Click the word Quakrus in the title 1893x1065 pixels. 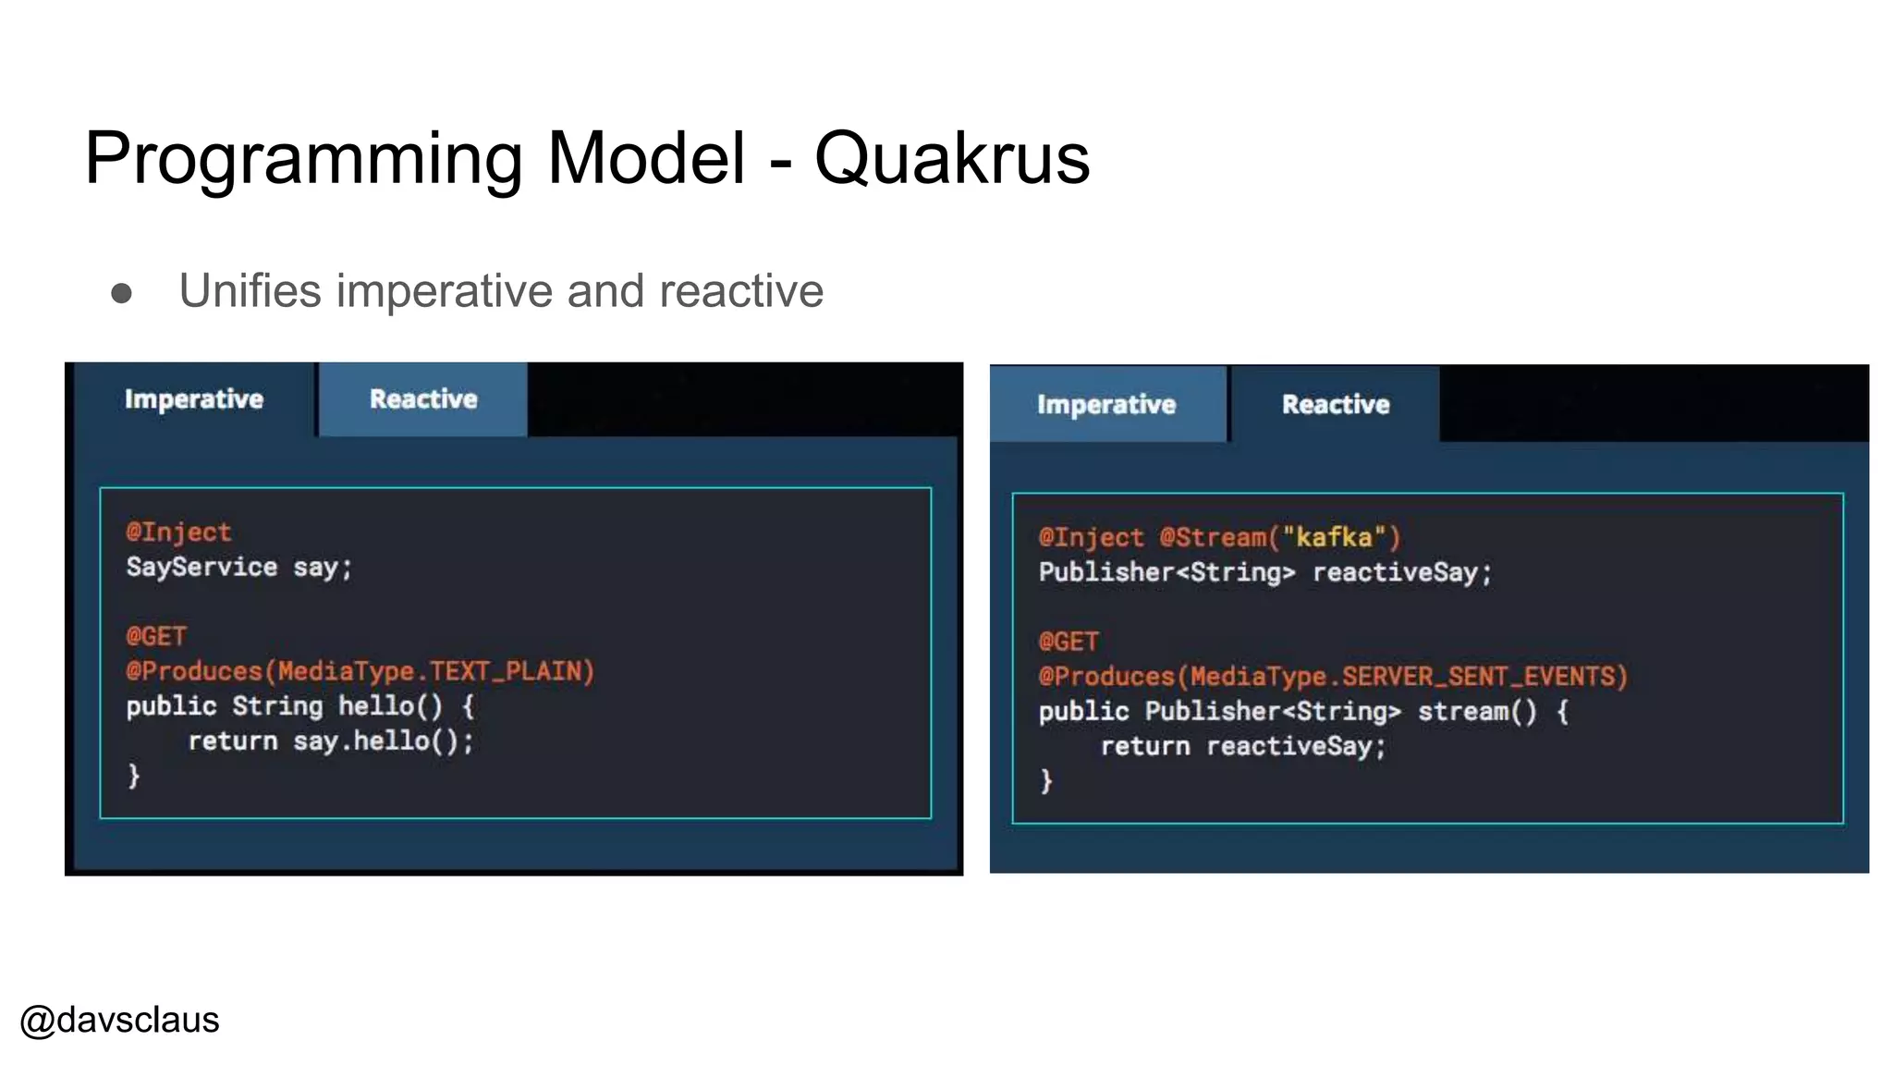tap(952, 158)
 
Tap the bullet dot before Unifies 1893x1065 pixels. tap(121, 293)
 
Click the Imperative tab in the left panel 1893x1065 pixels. tap(194, 399)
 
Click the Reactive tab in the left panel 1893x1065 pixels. tap(423, 399)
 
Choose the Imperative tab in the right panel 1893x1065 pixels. tap(1106, 405)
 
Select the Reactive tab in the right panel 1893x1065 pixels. tap(1336, 405)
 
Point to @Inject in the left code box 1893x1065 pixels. tap(178, 532)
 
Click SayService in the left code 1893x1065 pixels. tap(202, 567)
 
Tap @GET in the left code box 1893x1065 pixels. tap(156, 636)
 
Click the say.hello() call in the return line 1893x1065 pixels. tap(383, 741)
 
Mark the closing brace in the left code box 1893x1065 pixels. tap(134, 775)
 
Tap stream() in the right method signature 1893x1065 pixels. tap(1477, 712)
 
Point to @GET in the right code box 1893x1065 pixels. tap(1069, 642)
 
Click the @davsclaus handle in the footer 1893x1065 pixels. tap(119, 1021)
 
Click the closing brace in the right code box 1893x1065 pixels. tap(1046, 781)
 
